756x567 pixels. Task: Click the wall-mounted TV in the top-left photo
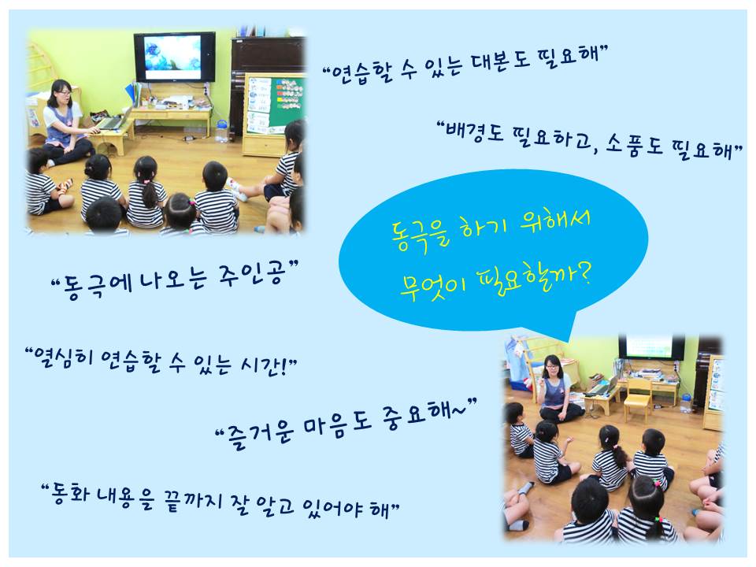pos(175,57)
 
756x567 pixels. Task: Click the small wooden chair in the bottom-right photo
pos(638,394)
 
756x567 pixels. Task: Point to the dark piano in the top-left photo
pos(266,82)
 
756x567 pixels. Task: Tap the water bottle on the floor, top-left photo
pos(220,132)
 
